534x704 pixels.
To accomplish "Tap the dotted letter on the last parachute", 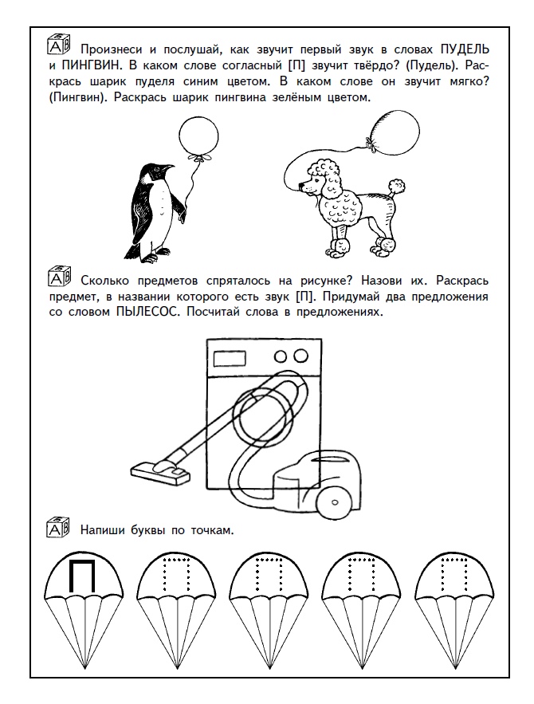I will point(450,576).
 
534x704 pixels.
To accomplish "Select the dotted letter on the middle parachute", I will point(265,576).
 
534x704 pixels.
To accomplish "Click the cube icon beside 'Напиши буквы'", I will point(59,529).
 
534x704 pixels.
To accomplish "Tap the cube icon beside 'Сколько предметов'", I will point(59,280).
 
